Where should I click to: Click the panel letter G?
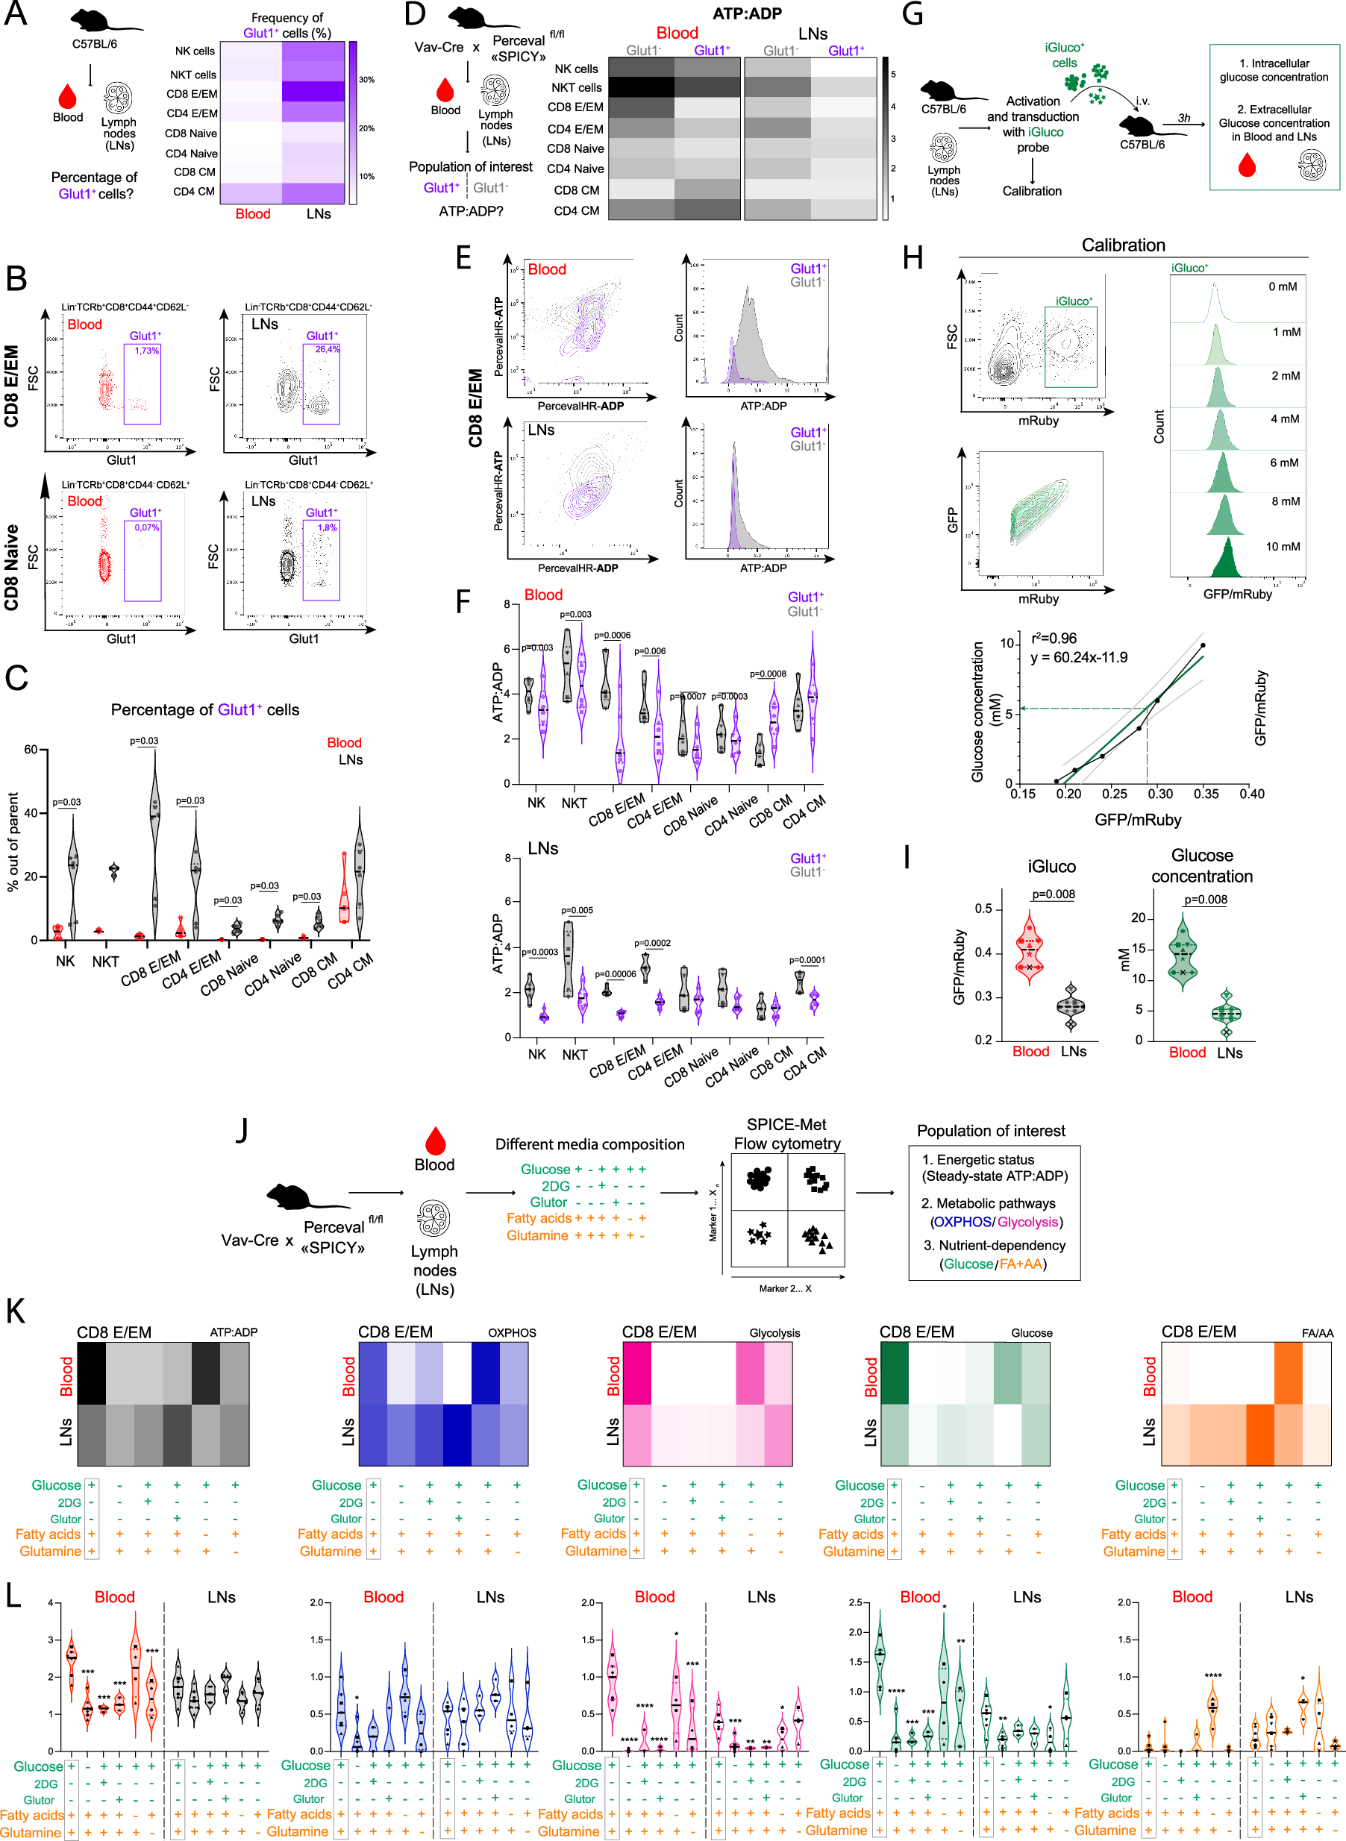coord(913,15)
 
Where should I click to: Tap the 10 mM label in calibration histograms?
coord(1283,547)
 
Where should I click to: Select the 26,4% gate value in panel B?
coord(327,349)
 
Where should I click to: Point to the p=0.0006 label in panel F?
coord(612,636)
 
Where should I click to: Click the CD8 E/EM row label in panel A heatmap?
coord(192,94)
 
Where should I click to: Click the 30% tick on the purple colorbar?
coord(366,80)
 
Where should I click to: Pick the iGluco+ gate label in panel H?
coord(1074,301)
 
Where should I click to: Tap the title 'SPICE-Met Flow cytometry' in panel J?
coord(786,1134)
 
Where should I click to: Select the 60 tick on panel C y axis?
coord(31,750)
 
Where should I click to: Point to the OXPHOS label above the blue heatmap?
coord(512,1334)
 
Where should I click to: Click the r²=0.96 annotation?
coord(1054,638)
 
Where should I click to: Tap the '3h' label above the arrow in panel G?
coord(1184,118)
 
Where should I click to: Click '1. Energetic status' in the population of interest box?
coord(977,1159)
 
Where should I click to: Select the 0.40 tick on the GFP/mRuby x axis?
coord(1251,794)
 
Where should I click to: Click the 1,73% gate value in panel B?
coord(147,351)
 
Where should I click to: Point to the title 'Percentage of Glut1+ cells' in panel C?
coord(204,709)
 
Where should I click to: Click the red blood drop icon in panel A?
coord(68,96)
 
